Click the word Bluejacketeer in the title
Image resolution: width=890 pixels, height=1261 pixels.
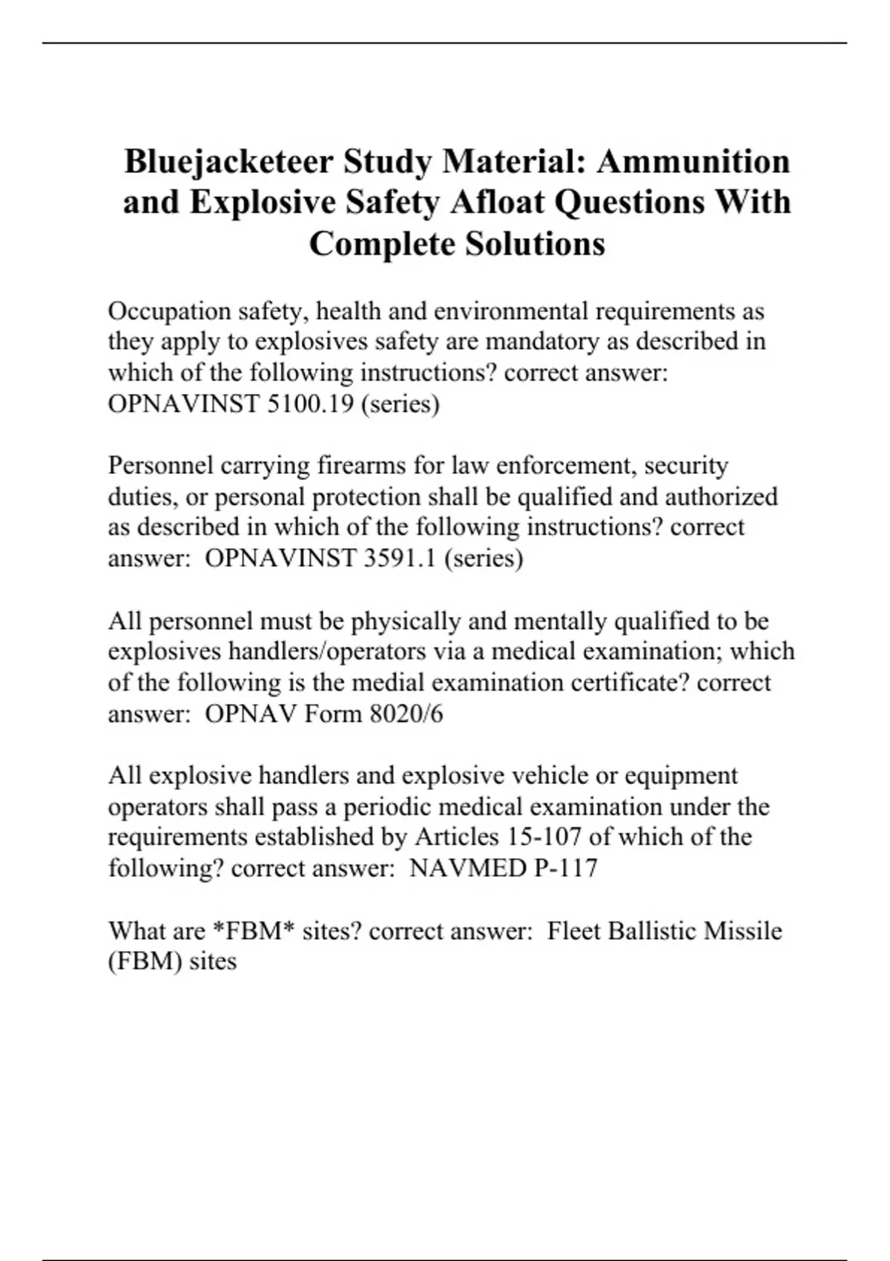228,162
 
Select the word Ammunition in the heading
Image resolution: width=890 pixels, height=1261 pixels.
693,162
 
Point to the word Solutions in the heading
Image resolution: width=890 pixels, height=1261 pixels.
535,244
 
